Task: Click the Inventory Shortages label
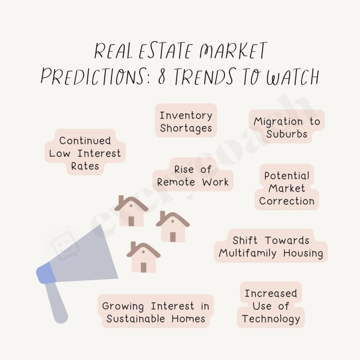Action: point(186,121)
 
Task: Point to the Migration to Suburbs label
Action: point(287,127)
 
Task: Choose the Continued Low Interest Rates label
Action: point(85,153)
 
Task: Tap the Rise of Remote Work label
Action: point(193,176)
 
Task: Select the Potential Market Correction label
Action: point(287,188)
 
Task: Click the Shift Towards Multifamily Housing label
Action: point(271,247)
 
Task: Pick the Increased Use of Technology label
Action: point(270,306)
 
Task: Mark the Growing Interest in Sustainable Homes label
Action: point(156,312)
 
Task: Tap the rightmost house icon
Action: point(173,227)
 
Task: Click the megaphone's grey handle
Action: point(58,302)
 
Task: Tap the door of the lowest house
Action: point(144,267)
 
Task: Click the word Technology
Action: point(270,319)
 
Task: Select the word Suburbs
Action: point(287,134)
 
